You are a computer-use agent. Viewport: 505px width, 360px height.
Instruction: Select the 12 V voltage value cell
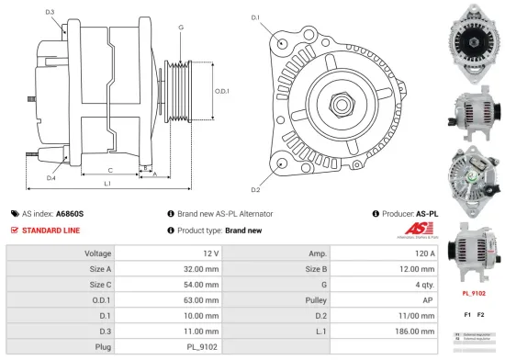(210, 253)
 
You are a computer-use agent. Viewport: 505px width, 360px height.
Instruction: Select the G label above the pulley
(181, 28)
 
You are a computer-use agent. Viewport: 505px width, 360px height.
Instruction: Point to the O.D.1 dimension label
(221, 90)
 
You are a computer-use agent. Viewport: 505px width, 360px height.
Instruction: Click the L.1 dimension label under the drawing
(107, 186)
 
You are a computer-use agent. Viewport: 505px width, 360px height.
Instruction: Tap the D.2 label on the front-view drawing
(255, 189)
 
